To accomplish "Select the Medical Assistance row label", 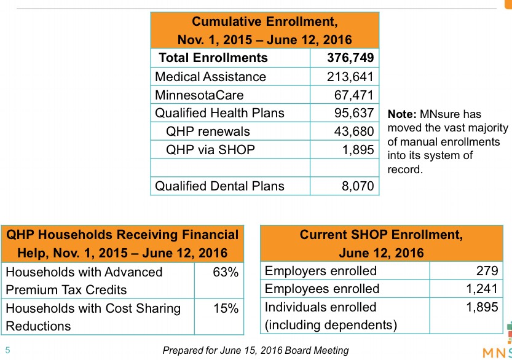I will point(210,77).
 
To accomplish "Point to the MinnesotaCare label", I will point(199,95).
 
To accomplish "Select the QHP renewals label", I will point(208,131).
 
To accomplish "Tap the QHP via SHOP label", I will point(210,149).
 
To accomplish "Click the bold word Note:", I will point(402,114).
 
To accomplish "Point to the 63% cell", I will point(226,272).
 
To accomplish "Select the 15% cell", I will point(226,308).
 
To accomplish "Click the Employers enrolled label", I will point(320,271).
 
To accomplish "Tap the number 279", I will point(487,271).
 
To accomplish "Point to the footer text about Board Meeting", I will point(255,351).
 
